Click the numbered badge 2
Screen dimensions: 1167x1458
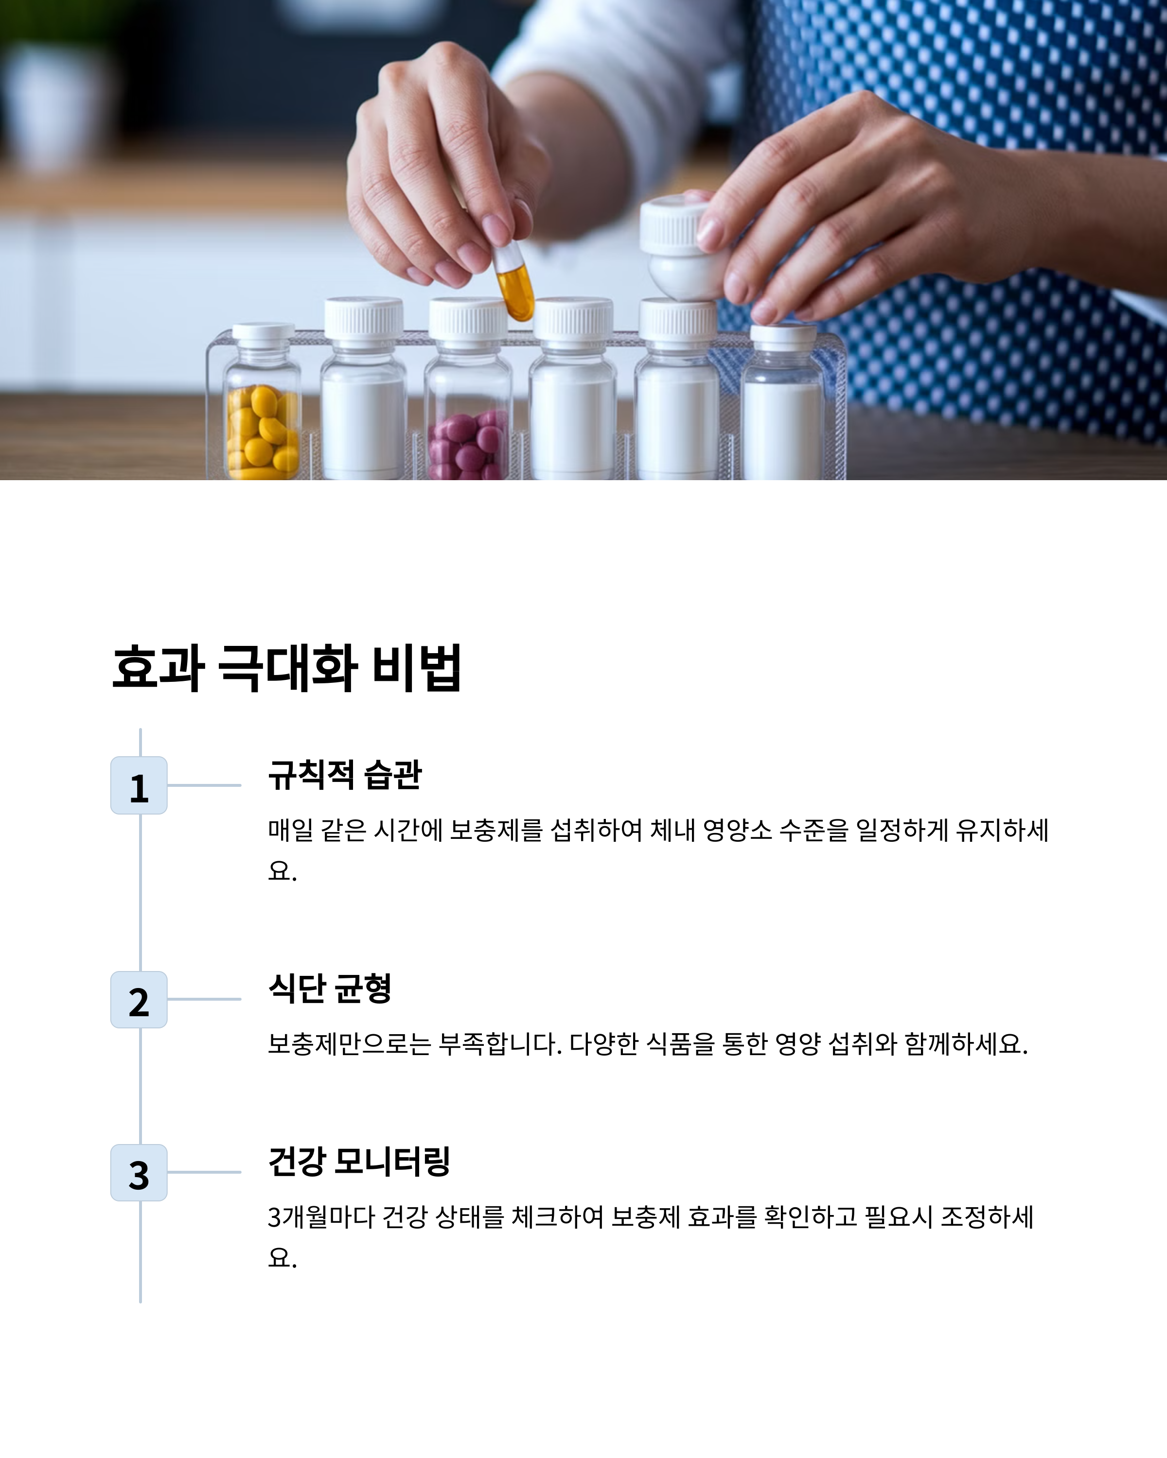click(139, 1000)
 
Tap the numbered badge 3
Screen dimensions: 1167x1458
click(139, 1173)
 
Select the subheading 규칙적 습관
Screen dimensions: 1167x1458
click(345, 775)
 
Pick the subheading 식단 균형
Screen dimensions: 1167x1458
click(330, 989)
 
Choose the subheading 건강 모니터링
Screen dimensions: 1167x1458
click(359, 1162)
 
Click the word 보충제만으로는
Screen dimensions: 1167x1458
click(350, 1044)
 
